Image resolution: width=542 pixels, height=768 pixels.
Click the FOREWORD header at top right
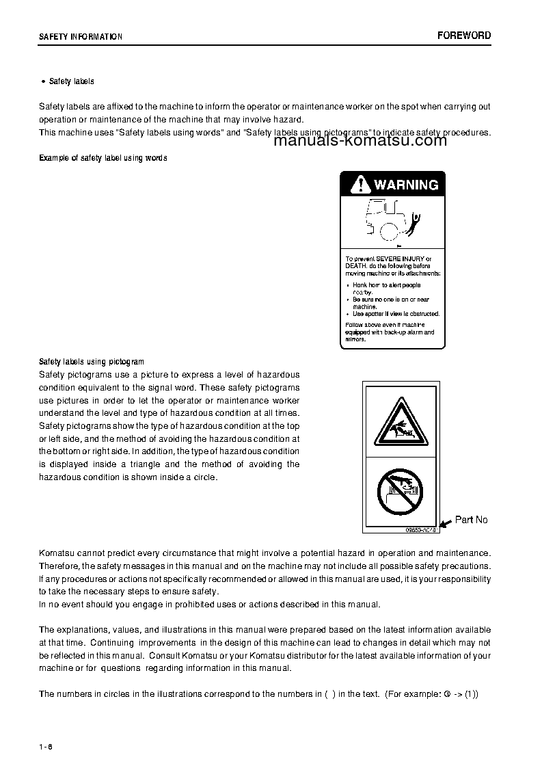point(464,36)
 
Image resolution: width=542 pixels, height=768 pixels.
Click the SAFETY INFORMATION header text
point(81,37)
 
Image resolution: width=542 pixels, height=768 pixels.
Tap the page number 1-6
point(46,745)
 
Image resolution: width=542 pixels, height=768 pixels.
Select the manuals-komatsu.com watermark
point(360,141)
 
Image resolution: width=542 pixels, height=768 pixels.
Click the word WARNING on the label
point(405,185)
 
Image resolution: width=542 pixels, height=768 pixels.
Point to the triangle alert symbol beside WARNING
point(359,185)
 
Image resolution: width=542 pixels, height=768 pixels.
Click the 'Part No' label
point(471,520)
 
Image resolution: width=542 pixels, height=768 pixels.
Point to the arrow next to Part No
point(445,524)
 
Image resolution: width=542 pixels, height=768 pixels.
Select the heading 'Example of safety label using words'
point(103,158)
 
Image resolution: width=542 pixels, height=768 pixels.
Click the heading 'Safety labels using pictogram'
point(92,362)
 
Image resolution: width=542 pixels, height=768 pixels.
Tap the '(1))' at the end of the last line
point(471,693)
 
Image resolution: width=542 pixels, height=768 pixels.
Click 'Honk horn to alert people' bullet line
point(386,285)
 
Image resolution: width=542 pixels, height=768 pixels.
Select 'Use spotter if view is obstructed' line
point(396,314)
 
